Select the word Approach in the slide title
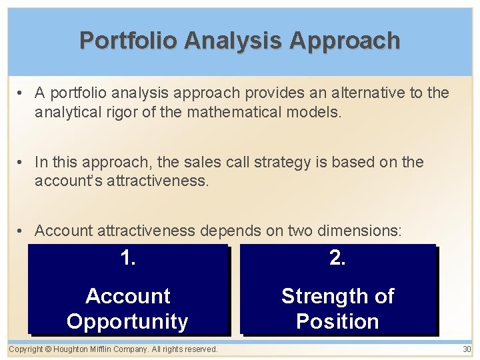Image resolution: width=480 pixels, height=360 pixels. pos(345,41)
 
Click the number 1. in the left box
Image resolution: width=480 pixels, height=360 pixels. pos(127,259)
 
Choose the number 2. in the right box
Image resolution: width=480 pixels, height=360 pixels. pos(337,259)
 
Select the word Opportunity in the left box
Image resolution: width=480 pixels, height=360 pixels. pos(127,321)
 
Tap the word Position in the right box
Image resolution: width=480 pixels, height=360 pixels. pos(337,321)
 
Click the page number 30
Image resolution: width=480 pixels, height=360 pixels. pos(466,349)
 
